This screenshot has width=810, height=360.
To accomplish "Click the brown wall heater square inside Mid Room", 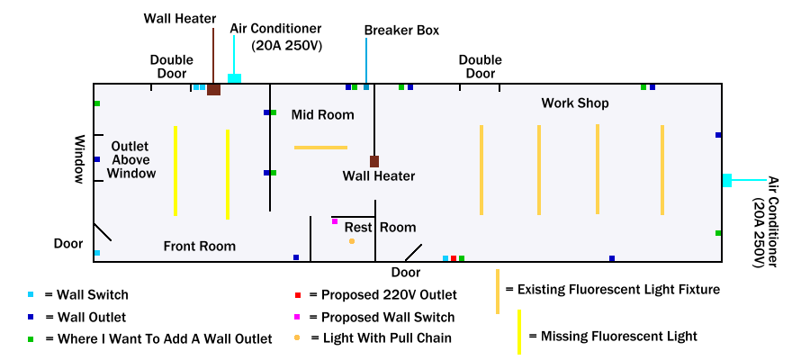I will click(x=374, y=161).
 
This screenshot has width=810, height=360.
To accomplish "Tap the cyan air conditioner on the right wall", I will click(x=726, y=180).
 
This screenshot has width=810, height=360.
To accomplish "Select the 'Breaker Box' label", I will click(x=401, y=31).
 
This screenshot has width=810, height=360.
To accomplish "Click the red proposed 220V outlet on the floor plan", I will click(x=454, y=258).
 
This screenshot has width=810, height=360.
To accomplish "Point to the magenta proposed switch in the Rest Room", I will click(x=335, y=221).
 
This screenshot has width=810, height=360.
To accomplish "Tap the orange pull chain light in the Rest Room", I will click(x=352, y=241).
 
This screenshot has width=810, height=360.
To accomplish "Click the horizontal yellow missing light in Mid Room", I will click(x=320, y=147).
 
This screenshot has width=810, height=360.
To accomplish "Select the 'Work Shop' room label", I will click(x=575, y=103).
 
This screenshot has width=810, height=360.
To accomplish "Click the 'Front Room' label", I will click(x=199, y=246).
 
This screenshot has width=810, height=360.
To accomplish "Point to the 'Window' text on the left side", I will click(x=79, y=159).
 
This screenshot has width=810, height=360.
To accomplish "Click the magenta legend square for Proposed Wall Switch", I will click(x=297, y=317).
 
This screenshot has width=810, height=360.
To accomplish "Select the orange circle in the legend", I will click(x=297, y=338).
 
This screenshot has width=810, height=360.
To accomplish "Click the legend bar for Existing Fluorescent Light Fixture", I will click(x=498, y=291).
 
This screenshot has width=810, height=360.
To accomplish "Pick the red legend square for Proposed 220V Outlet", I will click(x=297, y=295).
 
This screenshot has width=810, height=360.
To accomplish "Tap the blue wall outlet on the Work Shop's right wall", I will click(x=718, y=135).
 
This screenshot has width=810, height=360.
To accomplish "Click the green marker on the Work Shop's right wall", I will click(x=718, y=233).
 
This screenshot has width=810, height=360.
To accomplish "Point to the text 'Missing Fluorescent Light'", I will click(x=618, y=337).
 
